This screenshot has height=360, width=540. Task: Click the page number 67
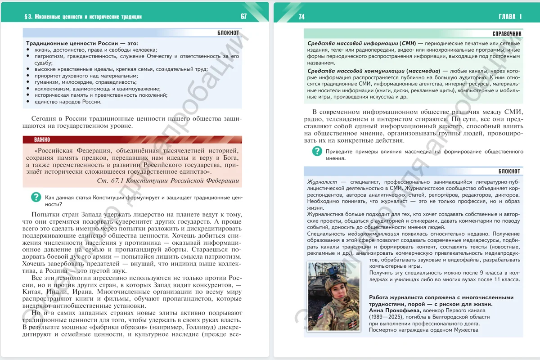coord(243,17)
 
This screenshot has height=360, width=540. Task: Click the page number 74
coord(301,17)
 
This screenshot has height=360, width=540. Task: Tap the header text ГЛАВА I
coord(510,17)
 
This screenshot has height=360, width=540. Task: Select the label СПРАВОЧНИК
coord(507,33)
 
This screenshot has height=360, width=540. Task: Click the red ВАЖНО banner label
coord(42,139)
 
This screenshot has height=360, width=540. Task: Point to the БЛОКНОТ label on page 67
coord(228,33)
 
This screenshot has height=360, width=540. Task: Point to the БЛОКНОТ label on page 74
coord(509,171)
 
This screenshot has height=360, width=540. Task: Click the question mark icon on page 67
coord(36,197)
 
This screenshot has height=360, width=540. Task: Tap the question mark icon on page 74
coord(317,152)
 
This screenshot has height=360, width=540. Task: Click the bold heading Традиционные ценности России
coord(76,43)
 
